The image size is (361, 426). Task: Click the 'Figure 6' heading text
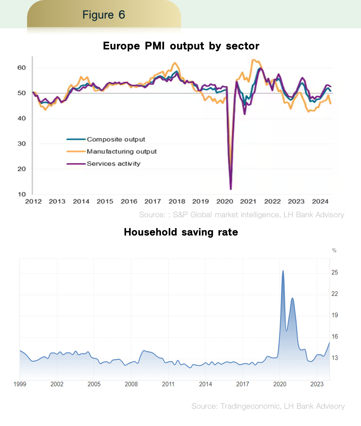click(x=104, y=15)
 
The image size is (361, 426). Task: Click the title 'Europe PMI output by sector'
click(x=181, y=46)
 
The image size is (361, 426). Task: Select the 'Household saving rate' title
click(x=181, y=232)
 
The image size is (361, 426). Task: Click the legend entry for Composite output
click(x=116, y=139)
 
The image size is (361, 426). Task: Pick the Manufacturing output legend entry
click(x=121, y=152)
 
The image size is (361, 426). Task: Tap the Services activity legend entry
click(x=113, y=164)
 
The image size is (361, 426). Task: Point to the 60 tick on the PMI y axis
click(x=22, y=68)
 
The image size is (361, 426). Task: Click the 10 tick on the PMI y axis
click(x=22, y=194)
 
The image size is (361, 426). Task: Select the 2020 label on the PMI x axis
click(x=224, y=201)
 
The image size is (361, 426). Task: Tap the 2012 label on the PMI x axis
click(x=33, y=201)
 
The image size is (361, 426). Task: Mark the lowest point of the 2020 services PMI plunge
click(x=231, y=189)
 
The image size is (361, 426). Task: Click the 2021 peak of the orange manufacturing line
click(x=253, y=60)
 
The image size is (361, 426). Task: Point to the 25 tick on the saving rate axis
click(x=335, y=272)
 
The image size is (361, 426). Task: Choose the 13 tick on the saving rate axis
click(x=335, y=358)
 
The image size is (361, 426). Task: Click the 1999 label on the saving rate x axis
click(x=20, y=384)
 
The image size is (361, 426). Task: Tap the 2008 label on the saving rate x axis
click(x=131, y=384)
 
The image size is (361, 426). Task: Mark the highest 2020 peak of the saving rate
click(x=283, y=271)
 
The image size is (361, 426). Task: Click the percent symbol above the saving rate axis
click(x=334, y=250)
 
